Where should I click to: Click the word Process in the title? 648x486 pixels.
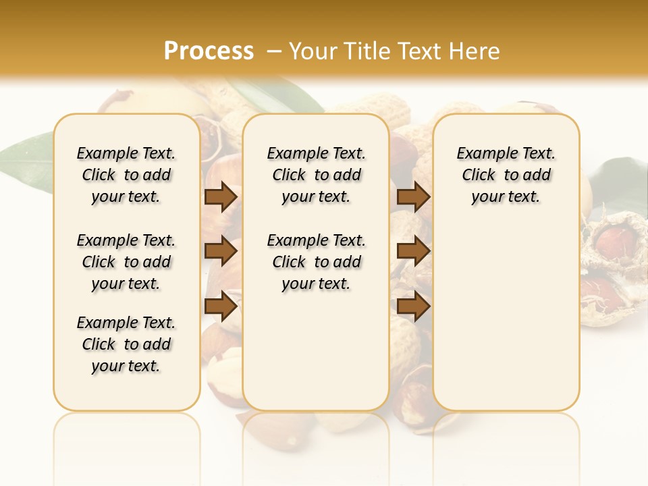[209, 51]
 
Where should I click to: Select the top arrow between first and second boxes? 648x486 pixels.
[221, 197]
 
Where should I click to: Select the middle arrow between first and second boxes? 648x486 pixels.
[221, 252]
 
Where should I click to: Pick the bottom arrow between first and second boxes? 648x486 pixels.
[221, 306]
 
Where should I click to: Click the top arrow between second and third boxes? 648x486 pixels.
[413, 197]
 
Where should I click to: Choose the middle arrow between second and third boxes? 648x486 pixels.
[413, 252]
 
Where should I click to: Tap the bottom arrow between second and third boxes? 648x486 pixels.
[413, 306]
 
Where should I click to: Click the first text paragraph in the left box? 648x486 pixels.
[126, 175]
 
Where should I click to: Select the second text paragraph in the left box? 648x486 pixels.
[126, 262]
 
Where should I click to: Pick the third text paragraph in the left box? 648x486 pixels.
[126, 344]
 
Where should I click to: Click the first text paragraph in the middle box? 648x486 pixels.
[316, 175]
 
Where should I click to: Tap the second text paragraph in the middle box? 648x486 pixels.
[316, 262]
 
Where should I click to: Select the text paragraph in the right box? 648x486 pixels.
[506, 175]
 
